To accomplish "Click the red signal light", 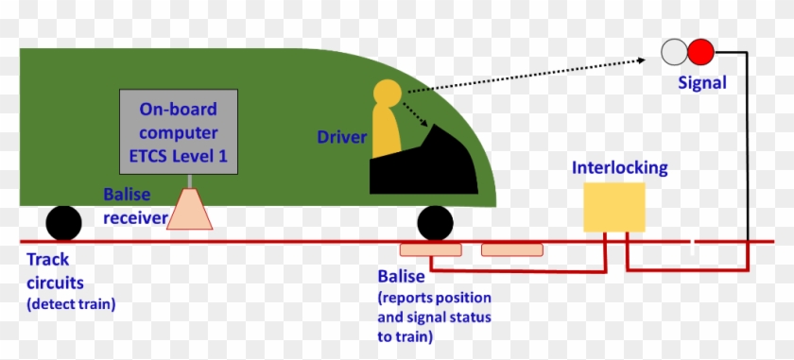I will click(x=700, y=51).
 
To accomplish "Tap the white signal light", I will click(x=675, y=51).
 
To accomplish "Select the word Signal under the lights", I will click(x=702, y=83).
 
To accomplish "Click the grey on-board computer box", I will click(x=179, y=132).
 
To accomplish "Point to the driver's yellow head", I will click(x=388, y=94).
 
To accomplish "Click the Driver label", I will click(x=341, y=138).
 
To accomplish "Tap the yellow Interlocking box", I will click(x=614, y=207).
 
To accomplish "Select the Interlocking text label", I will click(x=620, y=168).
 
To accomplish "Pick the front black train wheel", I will click(x=435, y=224).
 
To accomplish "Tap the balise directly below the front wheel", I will click(x=431, y=250).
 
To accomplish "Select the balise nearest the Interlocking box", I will click(x=512, y=250).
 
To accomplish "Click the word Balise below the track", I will click(x=401, y=278).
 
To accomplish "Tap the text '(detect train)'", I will click(x=70, y=303).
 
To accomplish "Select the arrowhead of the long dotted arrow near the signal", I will click(x=642, y=60).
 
